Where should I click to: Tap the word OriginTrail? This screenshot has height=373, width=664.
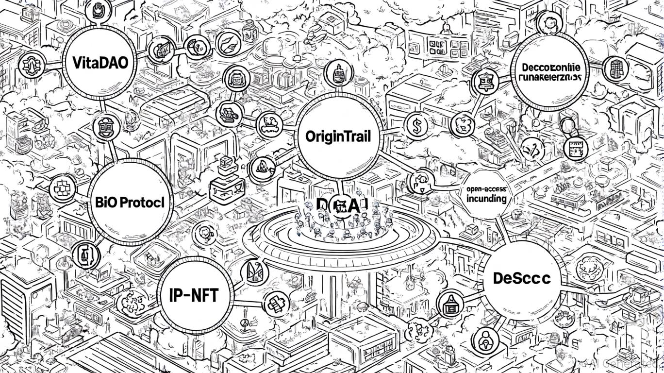click(338, 136)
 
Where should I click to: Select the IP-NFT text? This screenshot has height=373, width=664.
click(194, 295)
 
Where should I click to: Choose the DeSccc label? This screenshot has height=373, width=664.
click(521, 278)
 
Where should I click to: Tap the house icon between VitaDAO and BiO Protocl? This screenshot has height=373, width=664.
click(105, 127)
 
